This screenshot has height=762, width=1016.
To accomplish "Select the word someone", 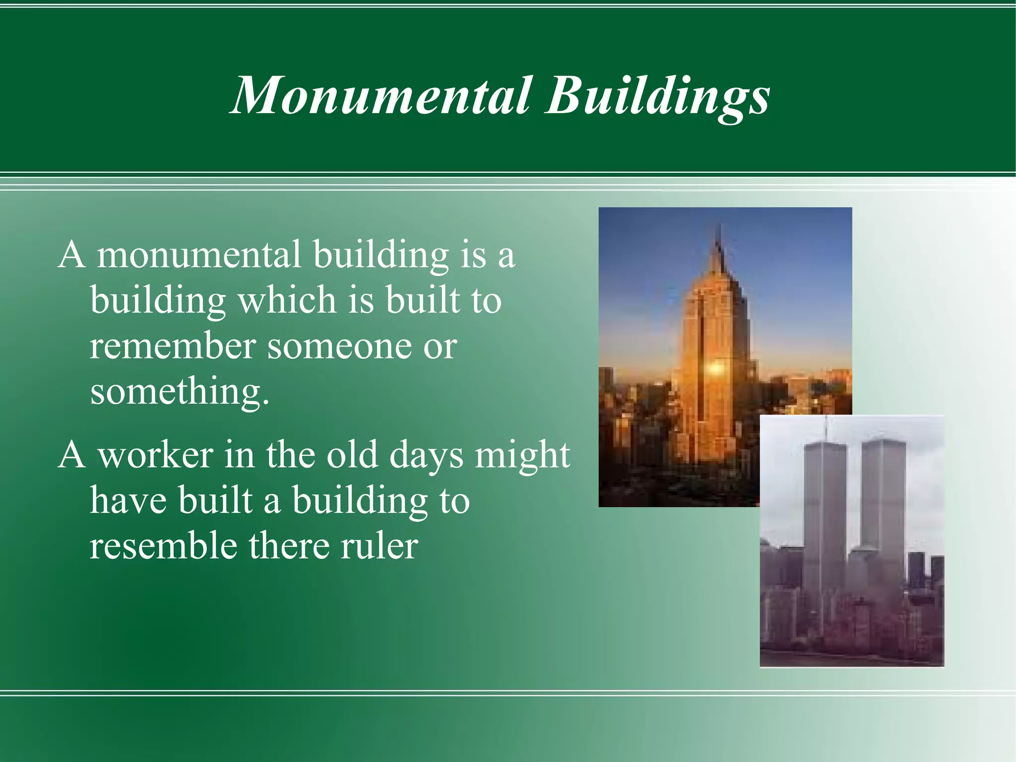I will pos(339,346).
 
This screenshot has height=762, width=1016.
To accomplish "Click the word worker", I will pos(155,454).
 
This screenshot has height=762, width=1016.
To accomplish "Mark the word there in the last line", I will pos(288,546).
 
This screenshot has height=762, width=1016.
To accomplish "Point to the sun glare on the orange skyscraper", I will pos(715,368).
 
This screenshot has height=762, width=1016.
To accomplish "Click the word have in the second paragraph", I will pos(128,500).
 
